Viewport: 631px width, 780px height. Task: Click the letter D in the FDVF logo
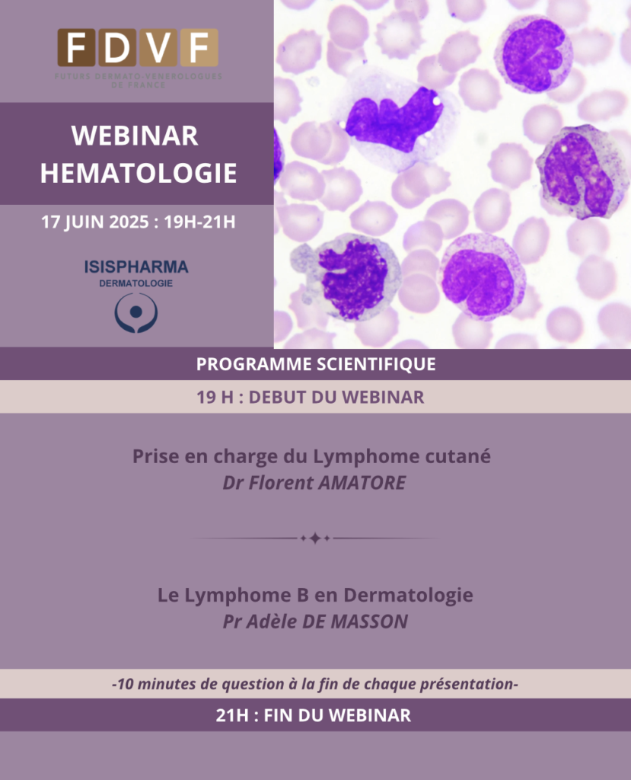pyautogui.click(x=117, y=48)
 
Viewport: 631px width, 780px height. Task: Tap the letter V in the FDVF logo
pyautogui.click(x=158, y=48)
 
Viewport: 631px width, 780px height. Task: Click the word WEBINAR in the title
pyautogui.click(x=135, y=136)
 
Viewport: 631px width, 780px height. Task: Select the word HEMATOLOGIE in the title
pyautogui.click(x=139, y=173)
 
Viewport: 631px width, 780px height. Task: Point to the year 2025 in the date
pyautogui.click(x=129, y=222)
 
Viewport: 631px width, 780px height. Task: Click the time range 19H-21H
pyautogui.click(x=200, y=222)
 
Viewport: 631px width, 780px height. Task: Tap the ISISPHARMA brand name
pyautogui.click(x=136, y=267)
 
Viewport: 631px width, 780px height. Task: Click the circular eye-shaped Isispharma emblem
pyautogui.click(x=136, y=312)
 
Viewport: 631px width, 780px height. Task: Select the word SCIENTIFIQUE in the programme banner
pyautogui.click(x=376, y=364)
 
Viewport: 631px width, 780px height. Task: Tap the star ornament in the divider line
pyautogui.click(x=315, y=539)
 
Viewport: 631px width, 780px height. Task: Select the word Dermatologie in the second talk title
pyautogui.click(x=408, y=595)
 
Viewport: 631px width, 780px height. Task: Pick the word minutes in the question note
pyautogui.click(x=167, y=684)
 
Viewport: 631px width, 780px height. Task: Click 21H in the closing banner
pyautogui.click(x=232, y=715)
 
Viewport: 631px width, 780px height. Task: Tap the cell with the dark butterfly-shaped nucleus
pyautogui.click(x=394, y=120)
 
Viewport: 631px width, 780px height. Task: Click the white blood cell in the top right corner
pyautogui.click(x=533, y=54)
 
